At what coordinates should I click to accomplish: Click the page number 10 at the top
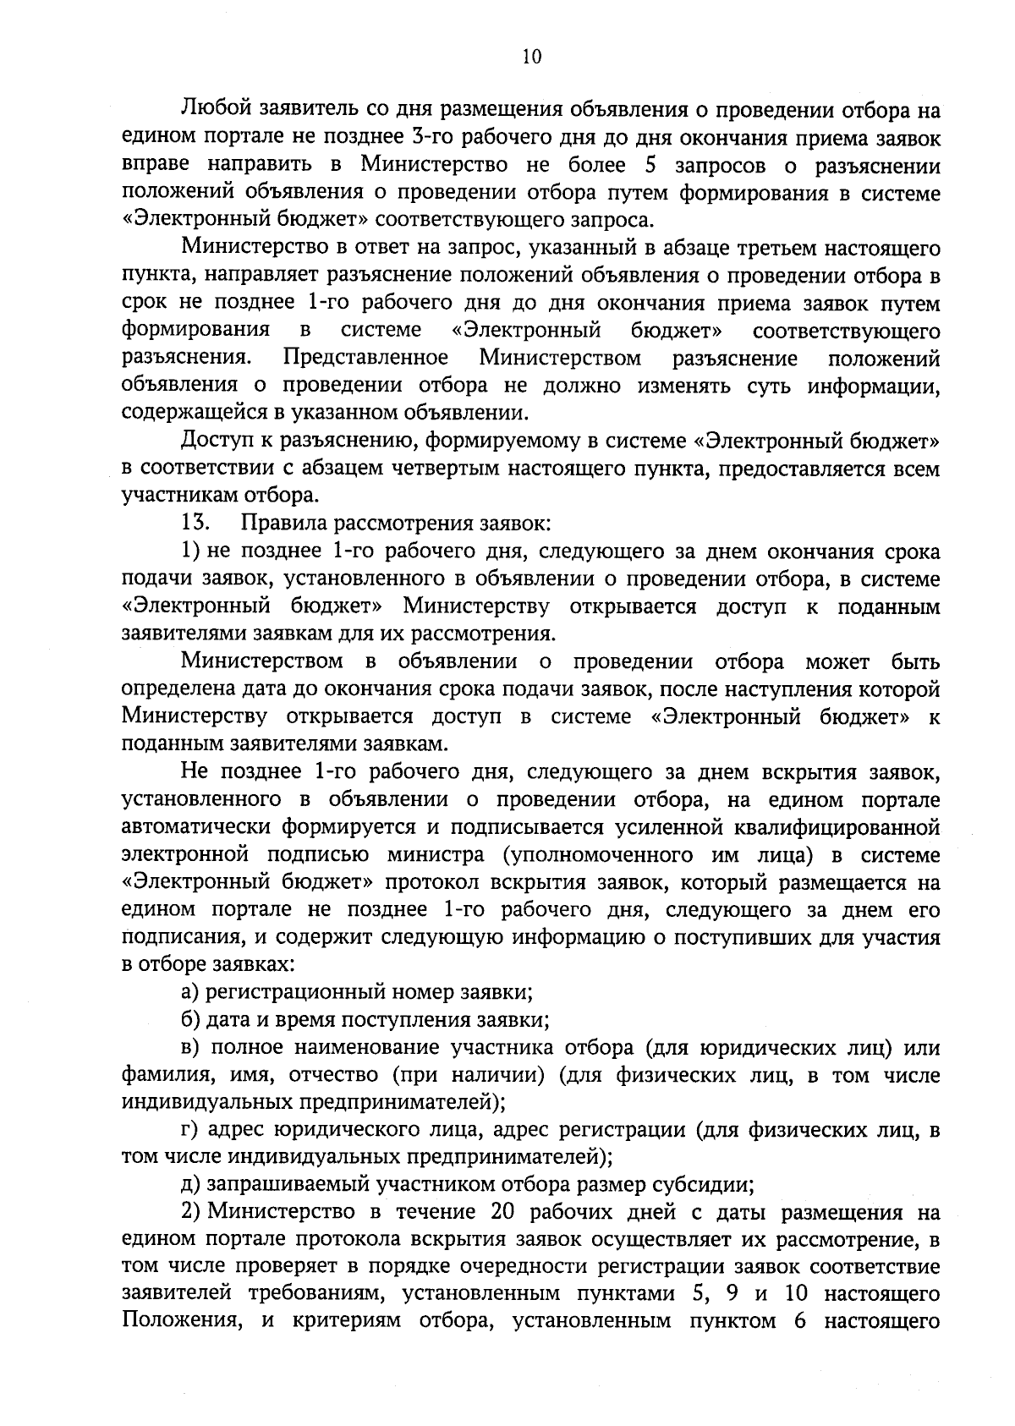click(x=532, y=57)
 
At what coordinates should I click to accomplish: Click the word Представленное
click(x=365, y=359)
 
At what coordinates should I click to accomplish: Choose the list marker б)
click(x=191, y=1019)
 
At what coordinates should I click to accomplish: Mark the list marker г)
click(x=190, y=1130)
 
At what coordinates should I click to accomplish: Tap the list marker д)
click(x=191, y=1185)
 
